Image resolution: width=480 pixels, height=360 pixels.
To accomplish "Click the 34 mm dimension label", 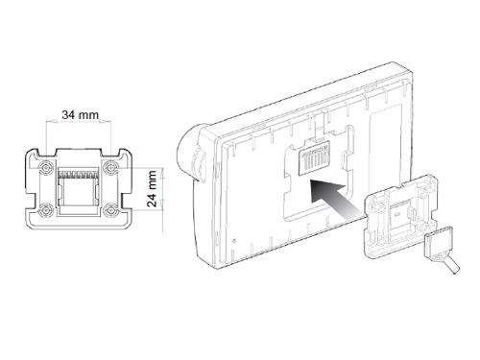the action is coord(81,114).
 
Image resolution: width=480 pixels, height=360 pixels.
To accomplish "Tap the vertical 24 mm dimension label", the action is coord(153,188).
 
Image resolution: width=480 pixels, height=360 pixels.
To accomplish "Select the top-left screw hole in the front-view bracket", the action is coord(46,167).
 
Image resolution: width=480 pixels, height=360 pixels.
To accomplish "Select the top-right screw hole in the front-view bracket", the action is coord(110,167).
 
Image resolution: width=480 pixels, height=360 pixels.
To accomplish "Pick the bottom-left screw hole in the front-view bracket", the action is coord(46,210).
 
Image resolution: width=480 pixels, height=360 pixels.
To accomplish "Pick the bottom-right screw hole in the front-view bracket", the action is coord(111,210).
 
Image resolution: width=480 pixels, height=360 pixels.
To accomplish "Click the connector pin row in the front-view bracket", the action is coord(79,175).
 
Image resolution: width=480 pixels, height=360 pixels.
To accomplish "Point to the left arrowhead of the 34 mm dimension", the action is coord(51,122).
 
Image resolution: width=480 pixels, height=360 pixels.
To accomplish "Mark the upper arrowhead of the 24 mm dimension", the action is coord(162,173).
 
